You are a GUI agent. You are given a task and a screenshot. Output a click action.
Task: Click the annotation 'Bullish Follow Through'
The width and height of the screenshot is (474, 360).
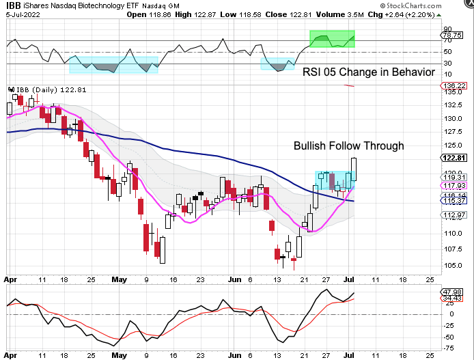[348, 146]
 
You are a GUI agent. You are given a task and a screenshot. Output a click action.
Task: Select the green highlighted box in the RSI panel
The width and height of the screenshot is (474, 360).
[333, 39]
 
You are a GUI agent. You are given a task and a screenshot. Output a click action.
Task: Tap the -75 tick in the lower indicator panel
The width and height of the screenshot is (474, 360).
[450, 348]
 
